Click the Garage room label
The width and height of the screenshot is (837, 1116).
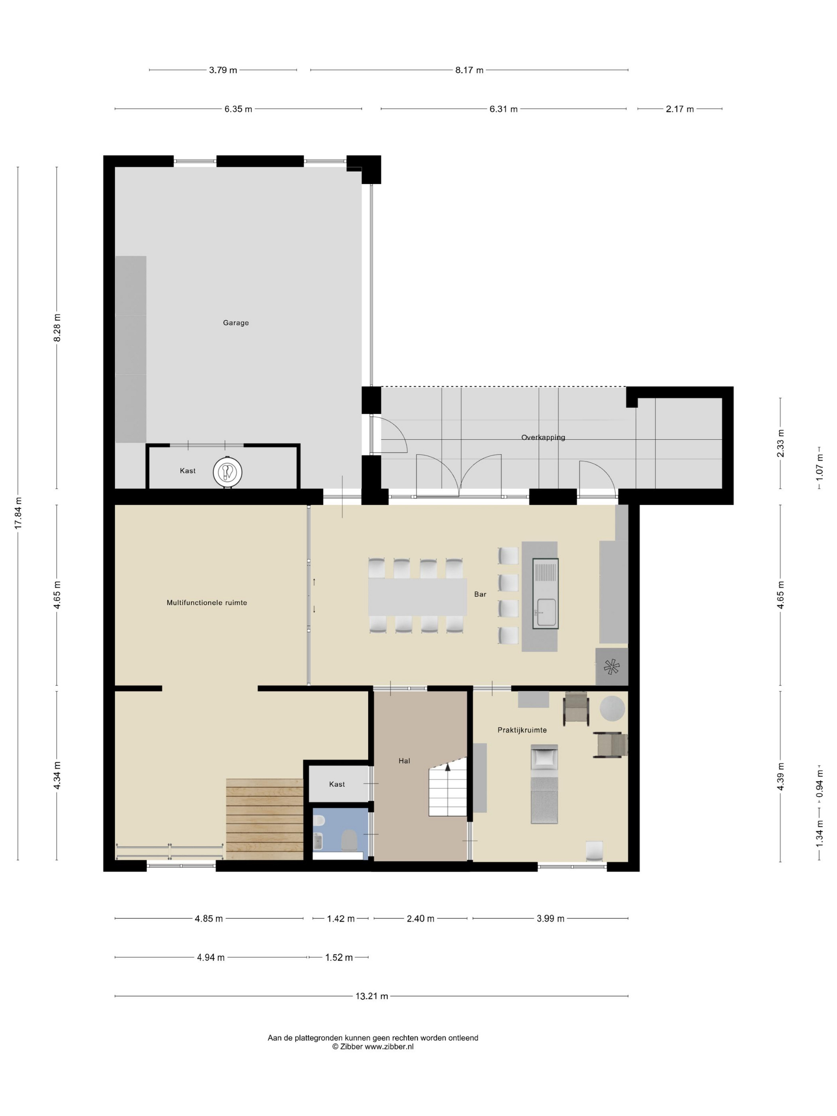pos(236,323)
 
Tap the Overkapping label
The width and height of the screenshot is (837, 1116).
pos(543,437)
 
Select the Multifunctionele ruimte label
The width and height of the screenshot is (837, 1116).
pos(207,602)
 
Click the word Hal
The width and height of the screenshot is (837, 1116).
pos(404,761)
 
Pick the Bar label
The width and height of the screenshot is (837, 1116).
pos(480,594)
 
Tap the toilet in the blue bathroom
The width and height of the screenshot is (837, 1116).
pos(349,840)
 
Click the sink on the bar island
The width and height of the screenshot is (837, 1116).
pos(546,612)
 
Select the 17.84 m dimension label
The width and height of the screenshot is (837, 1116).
pos(18,513)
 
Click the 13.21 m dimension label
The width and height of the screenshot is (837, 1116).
pos(372,996)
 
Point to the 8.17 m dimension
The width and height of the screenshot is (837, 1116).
pos(469,70)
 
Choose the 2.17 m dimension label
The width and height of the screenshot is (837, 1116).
pos(680,109)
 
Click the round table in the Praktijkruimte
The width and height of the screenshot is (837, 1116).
pos(612,708)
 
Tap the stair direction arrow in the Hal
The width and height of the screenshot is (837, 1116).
pos(447,767)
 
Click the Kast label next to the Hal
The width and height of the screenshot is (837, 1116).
pos(337,784)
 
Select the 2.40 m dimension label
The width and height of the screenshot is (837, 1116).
pos(420,919)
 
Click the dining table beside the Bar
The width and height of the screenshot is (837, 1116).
pos(418,597)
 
